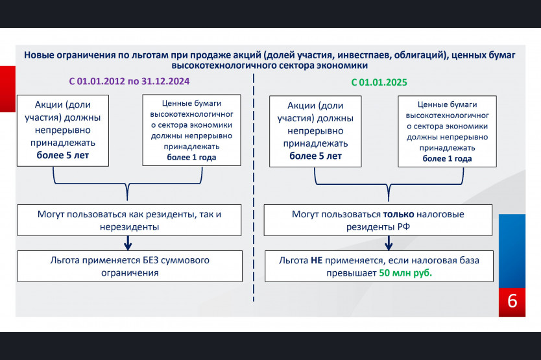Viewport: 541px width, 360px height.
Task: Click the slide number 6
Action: pos(512,301)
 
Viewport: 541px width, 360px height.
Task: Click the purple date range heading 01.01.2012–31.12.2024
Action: pos(129,82)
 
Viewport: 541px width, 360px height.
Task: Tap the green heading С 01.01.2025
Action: pos(379,82)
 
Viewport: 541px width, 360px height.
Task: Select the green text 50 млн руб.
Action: pos(405,273)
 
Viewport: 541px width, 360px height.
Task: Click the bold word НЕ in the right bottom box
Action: pos(317,260)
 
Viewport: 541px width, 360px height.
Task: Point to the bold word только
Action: pos(398,214)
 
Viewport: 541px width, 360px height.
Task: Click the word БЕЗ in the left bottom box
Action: pos(150,260)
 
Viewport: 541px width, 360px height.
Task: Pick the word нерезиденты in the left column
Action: pos(129,227)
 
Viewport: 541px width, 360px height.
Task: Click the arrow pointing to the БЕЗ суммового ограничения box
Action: pos(128,243)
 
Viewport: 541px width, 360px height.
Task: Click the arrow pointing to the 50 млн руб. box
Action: pos(389,243)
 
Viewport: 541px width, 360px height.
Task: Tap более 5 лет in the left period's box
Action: pos(63,155)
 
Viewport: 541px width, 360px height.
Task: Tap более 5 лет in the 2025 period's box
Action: pos(315,156)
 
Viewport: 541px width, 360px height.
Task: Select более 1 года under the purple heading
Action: pos(191,158)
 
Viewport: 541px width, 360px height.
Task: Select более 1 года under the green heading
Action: pos(447,159)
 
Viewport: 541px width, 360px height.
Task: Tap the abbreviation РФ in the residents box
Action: pos(403,227)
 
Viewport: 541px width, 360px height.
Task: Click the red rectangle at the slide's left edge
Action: pos(8,89)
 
